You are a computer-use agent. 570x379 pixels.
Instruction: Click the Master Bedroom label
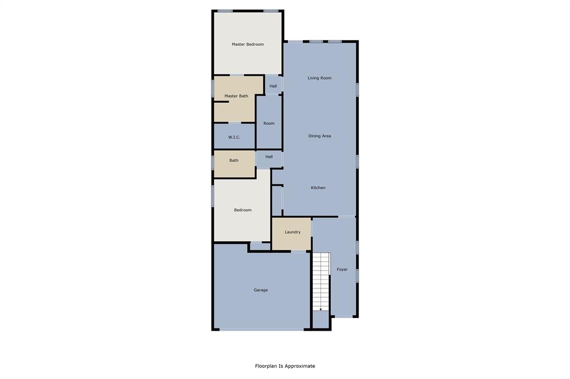tap(248, 44)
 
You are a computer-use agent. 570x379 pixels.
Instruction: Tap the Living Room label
tap(320, 78)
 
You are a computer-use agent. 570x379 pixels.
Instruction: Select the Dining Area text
tap(320, 136)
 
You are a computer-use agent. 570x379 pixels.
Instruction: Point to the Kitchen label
tap(318, 188)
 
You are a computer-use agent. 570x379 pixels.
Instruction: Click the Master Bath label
tap(236, 96)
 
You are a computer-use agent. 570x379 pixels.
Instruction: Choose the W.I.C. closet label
tap(234, 137)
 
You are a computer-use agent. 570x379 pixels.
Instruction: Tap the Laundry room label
tap(292, 232)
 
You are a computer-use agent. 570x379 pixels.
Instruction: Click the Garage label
tap(261, 290)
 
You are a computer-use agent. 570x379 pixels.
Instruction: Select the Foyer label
tap(342, 270)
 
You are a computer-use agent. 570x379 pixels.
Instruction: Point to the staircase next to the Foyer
tap(321, 281)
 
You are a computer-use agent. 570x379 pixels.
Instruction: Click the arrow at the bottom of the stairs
tap(321, 308)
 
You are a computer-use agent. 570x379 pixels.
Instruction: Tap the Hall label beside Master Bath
tap(273, 86)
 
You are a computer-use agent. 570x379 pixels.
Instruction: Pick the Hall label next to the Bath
tap(269, 157)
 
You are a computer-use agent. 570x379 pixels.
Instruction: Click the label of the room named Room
tap(269, 123)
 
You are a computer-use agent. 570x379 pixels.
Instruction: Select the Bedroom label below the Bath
tap(243, 210)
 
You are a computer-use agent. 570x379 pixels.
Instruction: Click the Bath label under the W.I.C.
tap(234, 161)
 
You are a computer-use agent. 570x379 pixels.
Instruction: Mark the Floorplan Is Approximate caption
tap(285, 366)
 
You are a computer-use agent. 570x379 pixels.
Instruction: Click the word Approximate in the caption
tap(301, 366)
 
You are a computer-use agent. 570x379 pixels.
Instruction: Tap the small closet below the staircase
tap(321, 320)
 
